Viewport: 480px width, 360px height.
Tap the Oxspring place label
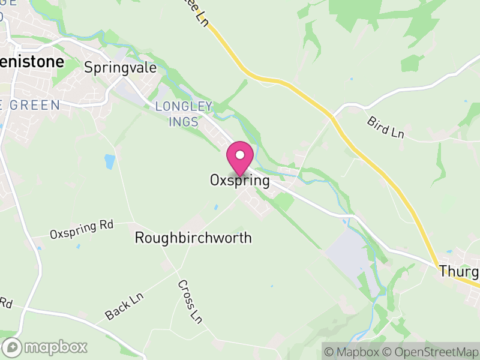tap(239, 180)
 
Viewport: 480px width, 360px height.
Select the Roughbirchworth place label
tap(193, 238)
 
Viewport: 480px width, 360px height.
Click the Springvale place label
tap(120, 68)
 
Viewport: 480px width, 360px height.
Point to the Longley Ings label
tap(184, 113)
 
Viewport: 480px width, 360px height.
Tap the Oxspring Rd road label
tap(82, 229)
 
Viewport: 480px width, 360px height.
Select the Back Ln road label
tap(125, 306)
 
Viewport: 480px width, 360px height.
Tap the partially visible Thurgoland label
tap(459, 271)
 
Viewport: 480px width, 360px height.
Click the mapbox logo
tap(45, 347)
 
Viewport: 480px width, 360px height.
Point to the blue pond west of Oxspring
tap(109, 161)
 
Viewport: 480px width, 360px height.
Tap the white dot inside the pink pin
tap(240, 155)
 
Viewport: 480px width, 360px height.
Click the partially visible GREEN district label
tap(30, 106)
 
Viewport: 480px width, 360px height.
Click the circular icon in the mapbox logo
tap(12, 347)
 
